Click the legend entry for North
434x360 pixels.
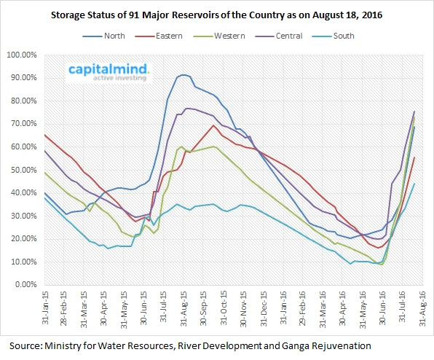pos(104,36)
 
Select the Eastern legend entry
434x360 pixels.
pos(159,36)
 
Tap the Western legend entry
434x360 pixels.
pos(219,36)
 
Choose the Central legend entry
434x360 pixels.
pos(279,36)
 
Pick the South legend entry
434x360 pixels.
pos(334,36)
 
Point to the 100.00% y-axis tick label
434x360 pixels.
pos(22,55)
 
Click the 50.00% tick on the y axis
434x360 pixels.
pos(24,170)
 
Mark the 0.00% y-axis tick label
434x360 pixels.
pos(25,285)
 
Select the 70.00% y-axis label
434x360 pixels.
pos(24,124)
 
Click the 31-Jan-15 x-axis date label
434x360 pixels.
pos(45,308)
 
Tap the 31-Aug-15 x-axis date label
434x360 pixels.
pos(184,308)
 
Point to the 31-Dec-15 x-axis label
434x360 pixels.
pos(264,308)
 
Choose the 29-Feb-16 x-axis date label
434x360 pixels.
pos(302,308)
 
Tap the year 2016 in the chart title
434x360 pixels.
pos(372,15)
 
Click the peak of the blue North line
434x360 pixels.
pos(183,75)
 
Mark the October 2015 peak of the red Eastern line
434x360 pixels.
pos(213,125)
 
